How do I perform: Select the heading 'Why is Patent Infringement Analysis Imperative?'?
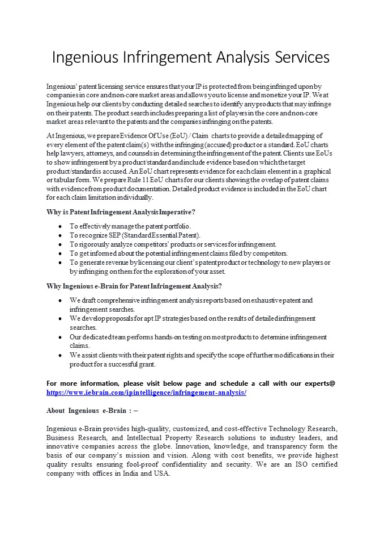tap(121, 212)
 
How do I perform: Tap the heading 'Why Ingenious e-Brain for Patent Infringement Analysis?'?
tap(134, 286)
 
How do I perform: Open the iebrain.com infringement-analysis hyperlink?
tap(146, 392)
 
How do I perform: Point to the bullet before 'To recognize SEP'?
tap(60, 235)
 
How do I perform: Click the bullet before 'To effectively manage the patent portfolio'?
tap(60, 226)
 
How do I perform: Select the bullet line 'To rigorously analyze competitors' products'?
tap(173, 244)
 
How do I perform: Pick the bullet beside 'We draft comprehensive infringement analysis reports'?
tap(60, 300)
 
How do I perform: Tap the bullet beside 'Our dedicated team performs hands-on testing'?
tap(60, 337)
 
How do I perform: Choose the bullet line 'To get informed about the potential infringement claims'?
tap(178, 253)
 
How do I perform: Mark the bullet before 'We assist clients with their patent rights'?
tap(60, 355)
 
